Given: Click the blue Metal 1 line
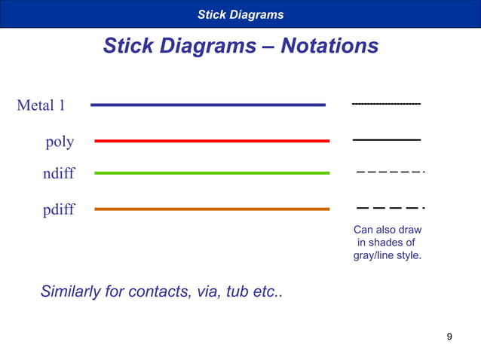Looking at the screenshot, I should [x=208, y=105].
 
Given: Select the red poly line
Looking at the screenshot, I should [x=212, y=141].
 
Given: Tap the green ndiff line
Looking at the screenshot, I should [x=212, y=173].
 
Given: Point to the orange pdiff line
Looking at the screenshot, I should [x=212, y=209].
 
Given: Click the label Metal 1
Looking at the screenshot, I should [x=41, y=105].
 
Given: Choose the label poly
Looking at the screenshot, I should [x=60, y=142].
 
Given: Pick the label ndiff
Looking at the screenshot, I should [x=59, y=174].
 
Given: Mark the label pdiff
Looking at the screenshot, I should [x=59, y=209].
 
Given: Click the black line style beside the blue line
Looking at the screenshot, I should [x=386, y=103].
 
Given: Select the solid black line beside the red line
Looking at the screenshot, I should [x=386, y=140].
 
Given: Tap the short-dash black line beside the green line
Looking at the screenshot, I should [x=390, y=172].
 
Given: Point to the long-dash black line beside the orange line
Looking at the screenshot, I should [x=390, y=207].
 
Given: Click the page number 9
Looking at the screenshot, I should [x=450, y=336].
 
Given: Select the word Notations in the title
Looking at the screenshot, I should [x=329, y=46].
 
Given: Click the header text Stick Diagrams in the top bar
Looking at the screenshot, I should [x=240, y=14].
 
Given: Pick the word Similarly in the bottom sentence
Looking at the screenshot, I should [x=70, y=291].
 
